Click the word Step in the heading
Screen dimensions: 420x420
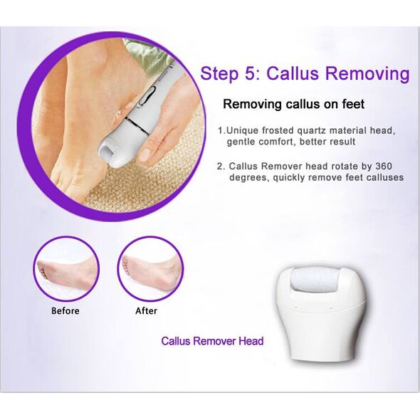[219, 74]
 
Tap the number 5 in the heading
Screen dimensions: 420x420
[251, 73]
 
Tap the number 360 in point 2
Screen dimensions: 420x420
[384, 166]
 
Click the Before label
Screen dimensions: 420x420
[65, 310]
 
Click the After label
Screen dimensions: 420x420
[146, 310]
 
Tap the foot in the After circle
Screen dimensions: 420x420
[150, 274]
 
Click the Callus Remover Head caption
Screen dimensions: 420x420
[212, 341]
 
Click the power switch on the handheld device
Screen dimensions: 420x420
[147, 95]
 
